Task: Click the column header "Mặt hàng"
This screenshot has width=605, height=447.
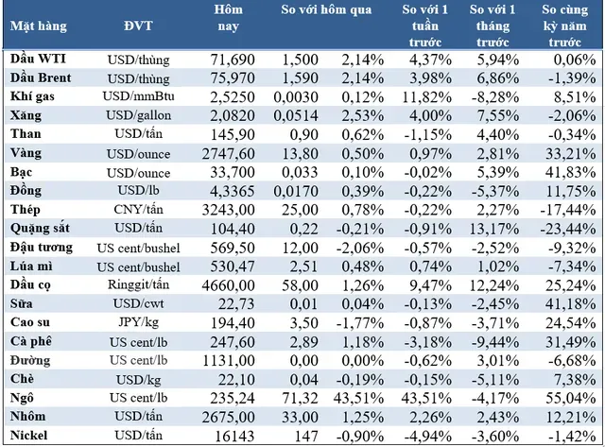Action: coord(39,26)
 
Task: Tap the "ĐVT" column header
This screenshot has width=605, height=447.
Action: coord(138,26)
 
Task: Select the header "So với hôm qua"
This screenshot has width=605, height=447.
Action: coord(326,9)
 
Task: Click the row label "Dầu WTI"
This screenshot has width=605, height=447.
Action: coord(38,59)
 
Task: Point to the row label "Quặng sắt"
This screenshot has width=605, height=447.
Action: coord(40,229)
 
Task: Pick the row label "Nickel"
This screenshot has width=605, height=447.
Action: coord(28,436)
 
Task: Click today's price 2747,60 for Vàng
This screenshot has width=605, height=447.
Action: coord(229,154)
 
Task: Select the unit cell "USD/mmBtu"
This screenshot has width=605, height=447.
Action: coord(138,96)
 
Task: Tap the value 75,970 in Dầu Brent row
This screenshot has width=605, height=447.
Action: coord(233,78)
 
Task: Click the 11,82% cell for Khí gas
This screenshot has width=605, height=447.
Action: coord(426,96)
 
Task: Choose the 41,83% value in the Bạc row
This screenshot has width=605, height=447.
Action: coord(570,172)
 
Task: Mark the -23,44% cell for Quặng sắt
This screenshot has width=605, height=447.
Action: coord(568,229)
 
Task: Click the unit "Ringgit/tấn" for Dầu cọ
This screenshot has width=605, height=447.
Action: coord(138,284)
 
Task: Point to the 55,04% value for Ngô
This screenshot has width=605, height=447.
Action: coord(570,398)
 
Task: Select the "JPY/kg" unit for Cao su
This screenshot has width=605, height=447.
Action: coord(138,322)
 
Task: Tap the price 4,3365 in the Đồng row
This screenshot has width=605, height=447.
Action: coord(233,191)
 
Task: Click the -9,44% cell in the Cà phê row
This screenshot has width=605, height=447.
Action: coord(495,342)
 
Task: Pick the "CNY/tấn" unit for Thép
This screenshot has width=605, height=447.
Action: coord(138,210)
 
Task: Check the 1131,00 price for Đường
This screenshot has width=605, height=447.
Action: coord(229,361)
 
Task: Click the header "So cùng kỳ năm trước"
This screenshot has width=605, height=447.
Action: coord(565,26)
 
